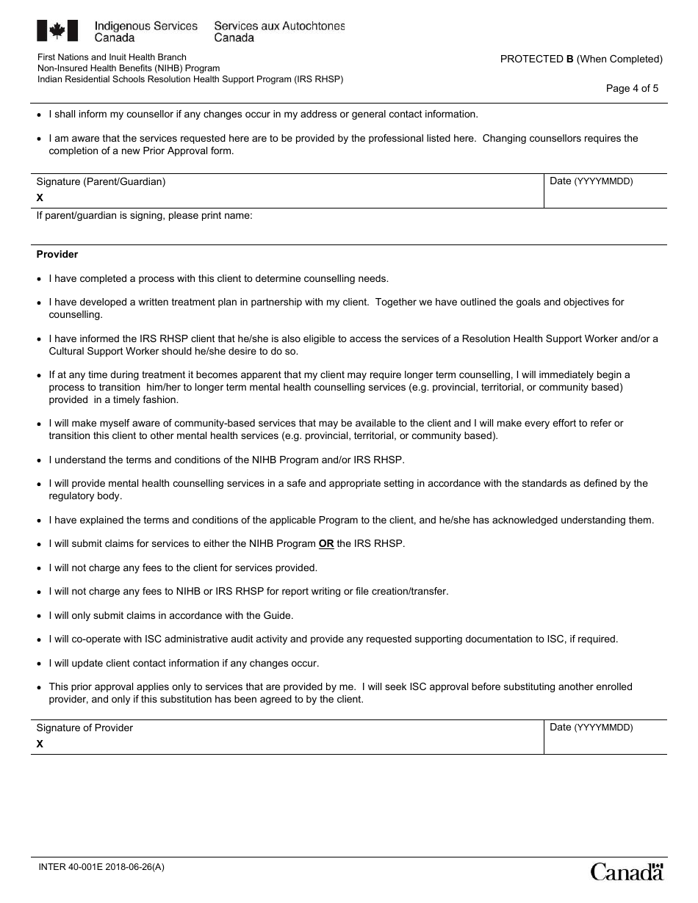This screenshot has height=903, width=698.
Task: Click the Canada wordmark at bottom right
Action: pyautogui.click(x=627, y=871)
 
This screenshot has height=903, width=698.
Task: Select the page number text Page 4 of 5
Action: pyautogui.click(x=632, y=89)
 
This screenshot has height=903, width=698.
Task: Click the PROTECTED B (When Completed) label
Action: pyautogui.click(x=581, y=59)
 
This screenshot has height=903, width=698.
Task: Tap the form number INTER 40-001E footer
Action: pyautogui.click(x=101, y=866)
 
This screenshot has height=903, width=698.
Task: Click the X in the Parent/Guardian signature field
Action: pyautogui.click(x=40, y=197)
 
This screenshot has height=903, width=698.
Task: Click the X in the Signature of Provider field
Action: pyautogui.click(x=40, y=744)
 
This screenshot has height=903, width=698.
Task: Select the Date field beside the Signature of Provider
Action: pyautogui.click(x=605, y=738)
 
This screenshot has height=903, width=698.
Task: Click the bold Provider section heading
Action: pyautogui.click(x=57, y=255)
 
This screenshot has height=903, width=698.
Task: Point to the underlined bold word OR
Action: pyautogui.click(x=326, y=544)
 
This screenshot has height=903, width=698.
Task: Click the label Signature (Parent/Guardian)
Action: pyautogui.click(x=101, y=182)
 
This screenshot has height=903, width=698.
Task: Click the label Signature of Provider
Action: pyautogui.click(x=84, y=728)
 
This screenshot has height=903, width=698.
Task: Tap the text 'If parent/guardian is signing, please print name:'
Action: pyautogui.click(x=145, y=217)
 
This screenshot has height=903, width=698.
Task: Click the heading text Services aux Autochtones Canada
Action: pyautogui.click(x=279, y=32)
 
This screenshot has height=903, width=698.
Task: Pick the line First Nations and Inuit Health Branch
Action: pyautogui.click(x=112, y=57)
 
